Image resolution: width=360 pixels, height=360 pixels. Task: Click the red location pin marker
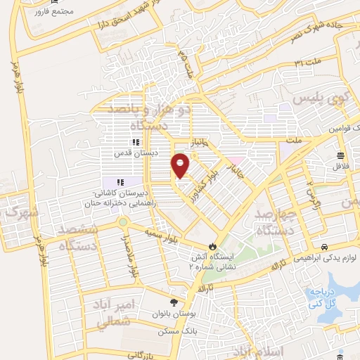tap(181, 165)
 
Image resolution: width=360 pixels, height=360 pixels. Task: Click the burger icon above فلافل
tap(341, 156)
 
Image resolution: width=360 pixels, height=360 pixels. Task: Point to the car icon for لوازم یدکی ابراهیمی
tap(325, 247)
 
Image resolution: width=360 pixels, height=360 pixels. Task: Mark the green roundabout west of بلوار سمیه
tap(123, 223)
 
